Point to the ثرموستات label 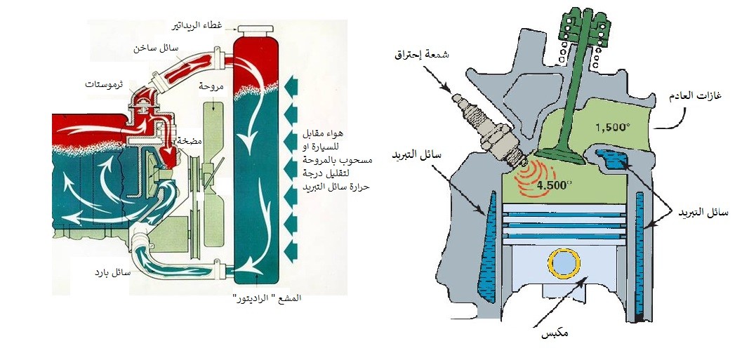click(104, 84)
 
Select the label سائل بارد click(112, 272)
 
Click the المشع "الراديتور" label click(267, 298)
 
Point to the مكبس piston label click(555, 333)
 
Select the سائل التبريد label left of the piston click(416, 156)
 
